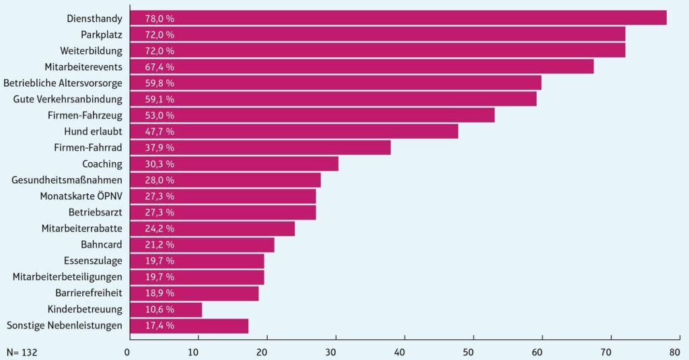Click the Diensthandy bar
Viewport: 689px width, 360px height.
(x=397, y=18)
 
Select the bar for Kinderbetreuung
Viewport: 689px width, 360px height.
(x=165, y=310)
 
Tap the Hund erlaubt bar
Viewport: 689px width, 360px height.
(x=293, y=131)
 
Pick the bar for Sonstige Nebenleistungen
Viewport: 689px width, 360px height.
(x=188, y=326)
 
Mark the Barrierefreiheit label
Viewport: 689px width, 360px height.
(x=89, y=293)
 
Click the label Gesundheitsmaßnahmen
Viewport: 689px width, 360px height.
(x=67, y=180)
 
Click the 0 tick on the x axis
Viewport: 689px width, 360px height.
(x=128, y=351)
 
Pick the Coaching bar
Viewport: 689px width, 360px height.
(x=233, y=164)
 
